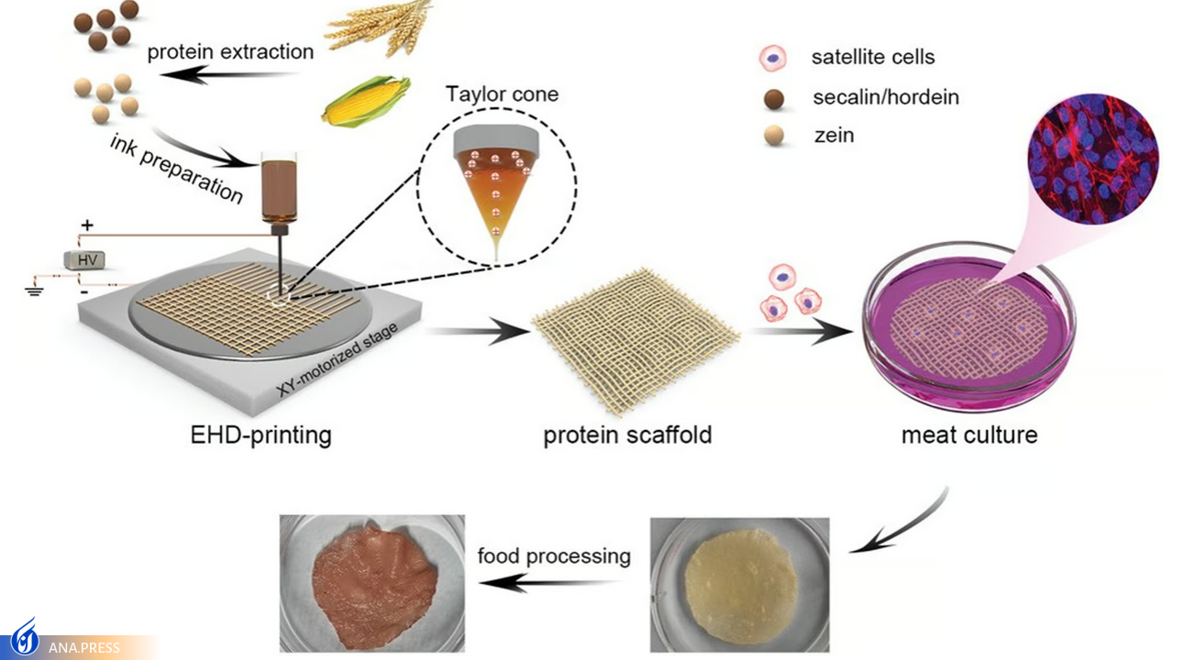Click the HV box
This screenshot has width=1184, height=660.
click(x=83, y=260)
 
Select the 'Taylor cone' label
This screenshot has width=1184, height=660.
click(x=502, y=93)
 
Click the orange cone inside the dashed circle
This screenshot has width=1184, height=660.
click(x=496, y=197)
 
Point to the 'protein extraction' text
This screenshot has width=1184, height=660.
click(x=230, y=51)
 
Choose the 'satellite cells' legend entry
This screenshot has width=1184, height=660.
click(x=872, y=57)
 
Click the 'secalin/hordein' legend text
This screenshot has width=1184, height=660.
click(x=885, y=96)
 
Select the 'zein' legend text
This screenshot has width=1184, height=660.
click(x=833, y=136)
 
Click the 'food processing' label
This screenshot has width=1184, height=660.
click(x=554, y=555)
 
